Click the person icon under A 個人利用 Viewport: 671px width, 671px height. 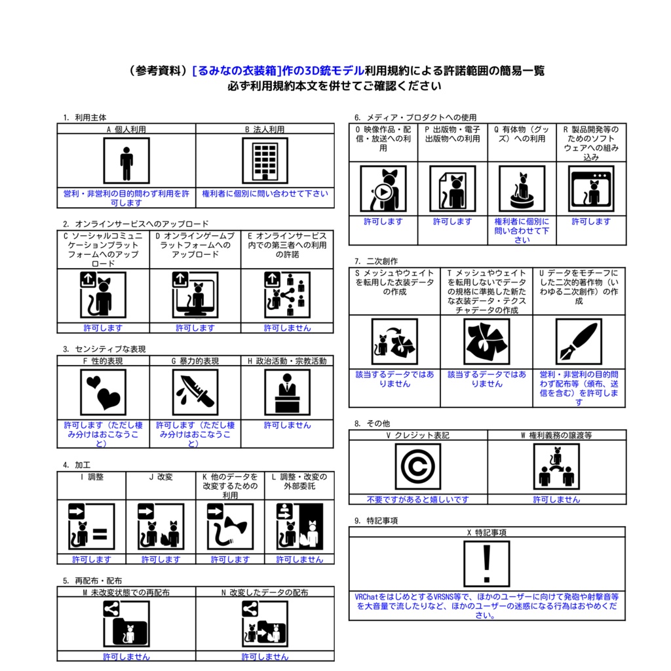point(126,161)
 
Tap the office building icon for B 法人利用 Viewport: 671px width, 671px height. point(265,161)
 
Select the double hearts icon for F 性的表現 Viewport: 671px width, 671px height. point(103,393)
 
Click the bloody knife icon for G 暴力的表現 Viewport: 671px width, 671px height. point(195,393)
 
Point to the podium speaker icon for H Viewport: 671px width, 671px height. point(287,393)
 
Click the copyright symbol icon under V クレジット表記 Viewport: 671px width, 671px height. point(417,467)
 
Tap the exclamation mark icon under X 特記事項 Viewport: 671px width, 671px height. point(487,564)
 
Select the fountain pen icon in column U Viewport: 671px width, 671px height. point(579,341)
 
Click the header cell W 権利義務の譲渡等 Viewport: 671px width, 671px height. point(556,435)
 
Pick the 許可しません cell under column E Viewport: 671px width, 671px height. point(287,328)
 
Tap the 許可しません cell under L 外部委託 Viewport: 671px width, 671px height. point(299,560)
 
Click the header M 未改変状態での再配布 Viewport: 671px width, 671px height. point(126,592)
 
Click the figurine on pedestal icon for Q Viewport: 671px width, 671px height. point(522,189)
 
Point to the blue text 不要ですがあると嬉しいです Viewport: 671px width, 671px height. point(417,499)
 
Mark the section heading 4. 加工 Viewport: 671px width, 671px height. point(77,465)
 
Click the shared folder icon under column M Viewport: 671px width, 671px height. point(126,624)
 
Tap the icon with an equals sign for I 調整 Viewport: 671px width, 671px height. point(92,526)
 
